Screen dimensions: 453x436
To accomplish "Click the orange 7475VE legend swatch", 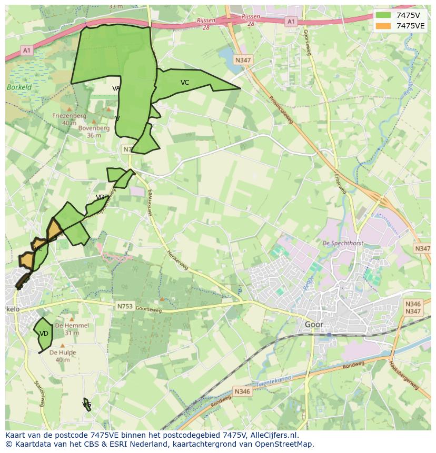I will [383, 26].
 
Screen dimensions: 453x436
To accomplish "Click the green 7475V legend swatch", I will [383, 15].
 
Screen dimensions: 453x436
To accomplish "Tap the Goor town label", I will [314, 325].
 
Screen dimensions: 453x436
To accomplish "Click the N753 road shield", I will [125, 306].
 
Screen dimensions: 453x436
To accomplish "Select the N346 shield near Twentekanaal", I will [242, 391].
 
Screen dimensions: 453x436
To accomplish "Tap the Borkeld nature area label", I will [19, 87].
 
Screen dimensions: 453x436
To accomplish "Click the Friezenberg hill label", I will [69, 115].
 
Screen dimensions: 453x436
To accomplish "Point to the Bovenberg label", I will [94, 128].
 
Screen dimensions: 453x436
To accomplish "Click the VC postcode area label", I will [185, 83].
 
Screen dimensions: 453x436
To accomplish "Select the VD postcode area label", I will [44, 334].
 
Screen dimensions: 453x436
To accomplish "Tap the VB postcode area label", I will [100, 197].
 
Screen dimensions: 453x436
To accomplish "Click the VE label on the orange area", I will [38, 248].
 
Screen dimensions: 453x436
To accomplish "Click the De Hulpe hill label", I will [63, 353].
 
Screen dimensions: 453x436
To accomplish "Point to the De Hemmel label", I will [72, 326].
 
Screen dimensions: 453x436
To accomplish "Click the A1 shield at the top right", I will [291, 22].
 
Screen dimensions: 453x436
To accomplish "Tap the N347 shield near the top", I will [243, 60].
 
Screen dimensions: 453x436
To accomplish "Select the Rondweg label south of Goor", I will [353, 365].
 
